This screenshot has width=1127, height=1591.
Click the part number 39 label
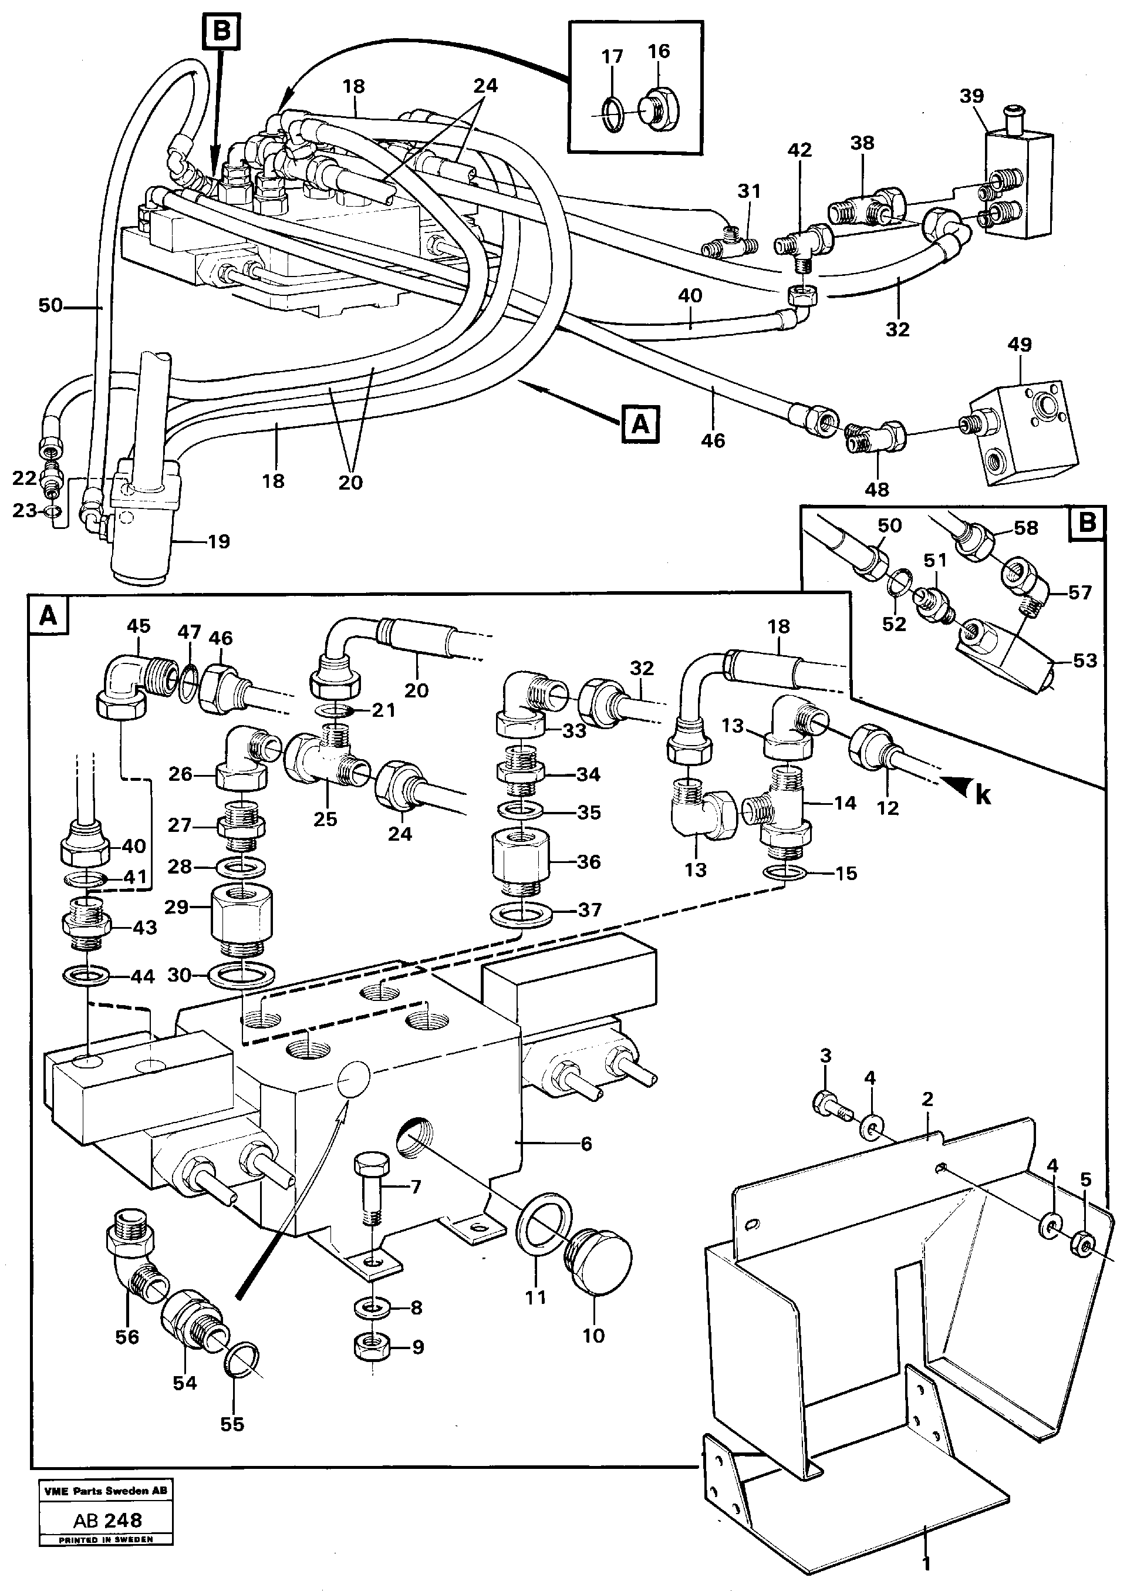[x=971, y=96]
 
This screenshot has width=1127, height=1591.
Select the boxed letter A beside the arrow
[x=640, y=423]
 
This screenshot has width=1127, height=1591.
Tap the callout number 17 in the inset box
[x=612, y=56]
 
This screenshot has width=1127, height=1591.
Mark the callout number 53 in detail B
[x=1085, y=660]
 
